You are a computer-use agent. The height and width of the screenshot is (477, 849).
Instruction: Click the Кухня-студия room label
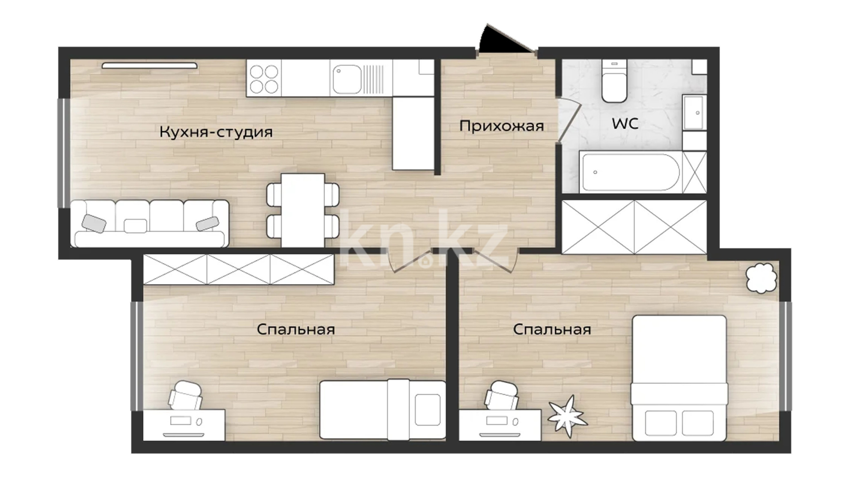[216, 132]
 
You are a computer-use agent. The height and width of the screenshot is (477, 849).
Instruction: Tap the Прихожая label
[501, 126]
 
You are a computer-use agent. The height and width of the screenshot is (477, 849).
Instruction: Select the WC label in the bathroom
[625, 124]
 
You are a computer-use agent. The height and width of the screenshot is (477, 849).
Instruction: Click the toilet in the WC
[614, 82]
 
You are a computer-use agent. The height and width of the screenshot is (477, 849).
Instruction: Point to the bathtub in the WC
[630, 172]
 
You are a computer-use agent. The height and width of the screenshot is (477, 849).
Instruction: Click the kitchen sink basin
[347, 79]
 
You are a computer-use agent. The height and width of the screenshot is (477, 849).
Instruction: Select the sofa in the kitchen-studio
[150, 223]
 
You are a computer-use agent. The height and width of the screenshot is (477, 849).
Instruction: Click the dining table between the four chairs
[303, 210]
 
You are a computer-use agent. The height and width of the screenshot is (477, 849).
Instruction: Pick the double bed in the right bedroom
[679, 378]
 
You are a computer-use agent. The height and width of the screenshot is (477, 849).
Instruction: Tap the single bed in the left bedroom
[382, 409]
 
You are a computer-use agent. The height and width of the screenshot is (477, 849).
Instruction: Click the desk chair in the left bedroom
[186, 394]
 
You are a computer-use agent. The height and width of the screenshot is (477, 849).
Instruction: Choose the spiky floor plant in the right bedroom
[568, 416]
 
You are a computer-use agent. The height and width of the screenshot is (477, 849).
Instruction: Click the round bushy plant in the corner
[761, 278]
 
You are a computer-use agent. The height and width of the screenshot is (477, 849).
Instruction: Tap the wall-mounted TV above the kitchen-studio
[149, 66]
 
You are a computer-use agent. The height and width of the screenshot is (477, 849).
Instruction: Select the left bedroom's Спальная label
[295, 329]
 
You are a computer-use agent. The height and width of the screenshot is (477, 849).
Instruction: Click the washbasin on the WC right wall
[694, 113]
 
